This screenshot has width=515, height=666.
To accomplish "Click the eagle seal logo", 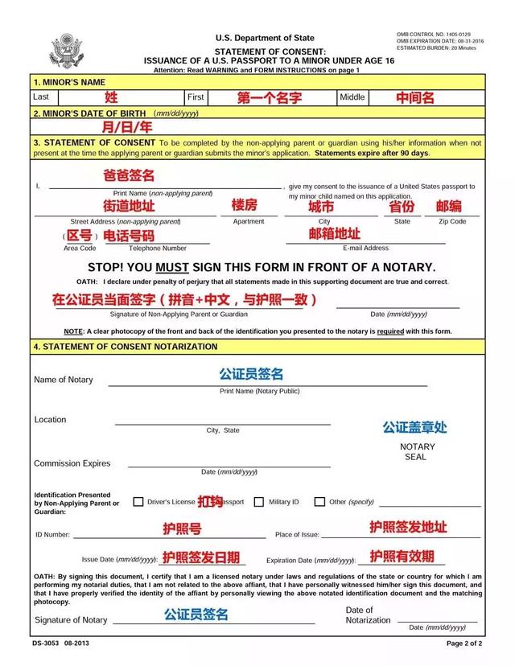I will (66, 51).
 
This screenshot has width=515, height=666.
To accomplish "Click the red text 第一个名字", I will (269, 97).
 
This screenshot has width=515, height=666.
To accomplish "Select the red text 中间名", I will (414, 97).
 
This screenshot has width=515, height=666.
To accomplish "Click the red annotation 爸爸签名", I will (129, 175).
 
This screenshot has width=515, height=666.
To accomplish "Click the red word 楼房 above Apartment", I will (245, 205).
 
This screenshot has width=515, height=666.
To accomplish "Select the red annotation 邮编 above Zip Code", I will (448, 206).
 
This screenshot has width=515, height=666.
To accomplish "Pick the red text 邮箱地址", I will (335, 233).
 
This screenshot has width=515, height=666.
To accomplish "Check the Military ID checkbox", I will (259, 502).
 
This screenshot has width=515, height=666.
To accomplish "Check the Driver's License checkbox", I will (138, 502).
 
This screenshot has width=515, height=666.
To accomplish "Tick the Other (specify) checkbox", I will (319, 502).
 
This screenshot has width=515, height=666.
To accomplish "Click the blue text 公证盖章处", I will (414, 427).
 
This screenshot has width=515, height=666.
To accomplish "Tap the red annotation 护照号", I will (182, 528).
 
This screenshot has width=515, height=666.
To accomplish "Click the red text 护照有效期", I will (402, 556).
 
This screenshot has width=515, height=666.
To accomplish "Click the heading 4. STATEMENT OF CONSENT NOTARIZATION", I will (126, 347).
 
